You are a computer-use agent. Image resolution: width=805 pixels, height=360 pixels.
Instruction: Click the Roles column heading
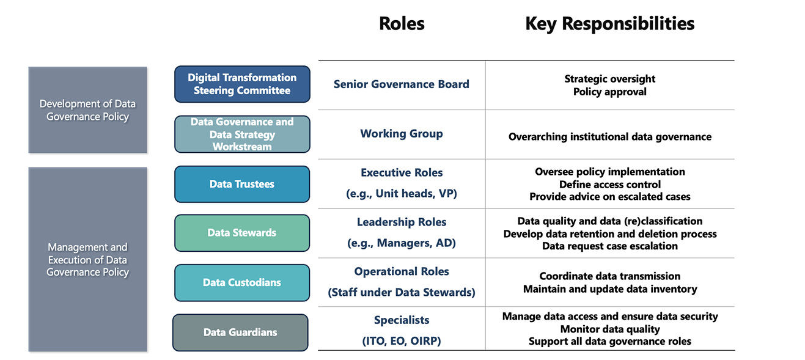402,24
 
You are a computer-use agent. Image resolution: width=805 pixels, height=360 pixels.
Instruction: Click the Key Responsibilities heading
610,24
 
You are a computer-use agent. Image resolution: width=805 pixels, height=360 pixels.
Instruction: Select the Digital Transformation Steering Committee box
242,84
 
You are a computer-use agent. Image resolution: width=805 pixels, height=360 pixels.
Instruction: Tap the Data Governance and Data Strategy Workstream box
242,134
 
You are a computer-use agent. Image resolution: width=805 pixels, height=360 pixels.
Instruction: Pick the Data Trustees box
242,184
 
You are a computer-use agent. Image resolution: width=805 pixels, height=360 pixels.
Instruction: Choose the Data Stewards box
242,233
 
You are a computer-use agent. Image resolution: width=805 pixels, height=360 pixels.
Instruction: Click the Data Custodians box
242,283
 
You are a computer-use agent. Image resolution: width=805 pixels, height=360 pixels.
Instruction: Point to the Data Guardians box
240,332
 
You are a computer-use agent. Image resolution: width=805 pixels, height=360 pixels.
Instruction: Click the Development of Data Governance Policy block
87,110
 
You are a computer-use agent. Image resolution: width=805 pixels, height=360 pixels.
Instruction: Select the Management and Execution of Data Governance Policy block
87,259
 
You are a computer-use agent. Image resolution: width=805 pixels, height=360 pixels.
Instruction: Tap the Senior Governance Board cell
402,84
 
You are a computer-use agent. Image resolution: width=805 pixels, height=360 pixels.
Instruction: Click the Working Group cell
402,134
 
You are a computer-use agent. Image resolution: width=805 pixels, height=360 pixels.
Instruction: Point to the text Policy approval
610,92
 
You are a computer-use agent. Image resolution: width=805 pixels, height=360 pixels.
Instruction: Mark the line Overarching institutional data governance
610,137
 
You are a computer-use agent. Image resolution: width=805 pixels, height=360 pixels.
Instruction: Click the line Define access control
610,185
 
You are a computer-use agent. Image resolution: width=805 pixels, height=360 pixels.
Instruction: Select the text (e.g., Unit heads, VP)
402,194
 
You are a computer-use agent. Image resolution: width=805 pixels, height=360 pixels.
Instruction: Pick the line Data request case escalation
610,246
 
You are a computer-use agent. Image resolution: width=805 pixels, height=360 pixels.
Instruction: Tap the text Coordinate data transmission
610,276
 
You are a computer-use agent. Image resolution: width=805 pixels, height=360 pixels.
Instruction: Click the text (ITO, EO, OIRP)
402,341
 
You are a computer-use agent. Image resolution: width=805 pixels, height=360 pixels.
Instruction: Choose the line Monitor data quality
610,329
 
